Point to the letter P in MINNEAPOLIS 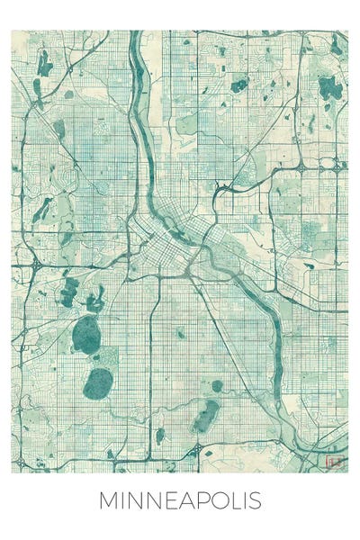click(200, 500)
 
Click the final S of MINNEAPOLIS click(256, 500)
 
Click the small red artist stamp click(337, 460)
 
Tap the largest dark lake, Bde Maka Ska click(86, 335)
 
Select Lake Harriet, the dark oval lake click(98, 383)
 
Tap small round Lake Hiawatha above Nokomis click(217, 386)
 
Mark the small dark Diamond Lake click(160, 436)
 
